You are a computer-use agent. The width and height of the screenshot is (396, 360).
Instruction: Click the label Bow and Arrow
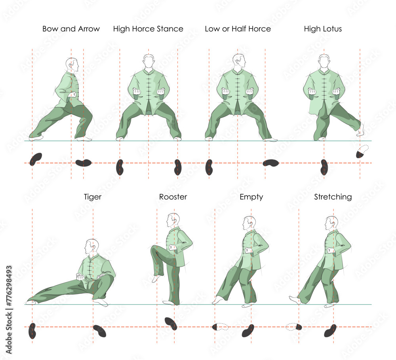click(x=71, y=29)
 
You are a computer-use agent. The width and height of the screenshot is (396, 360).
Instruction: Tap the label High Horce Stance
click(x=148, y=29)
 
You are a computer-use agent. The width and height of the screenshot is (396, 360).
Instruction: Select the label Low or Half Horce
click(x=238, y=29)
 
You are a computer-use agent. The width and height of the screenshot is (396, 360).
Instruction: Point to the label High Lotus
click(x=323, y=29)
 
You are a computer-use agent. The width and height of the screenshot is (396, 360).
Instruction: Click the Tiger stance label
click(x=93, y=197)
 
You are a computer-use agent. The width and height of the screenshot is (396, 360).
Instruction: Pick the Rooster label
click(x=173, y=197)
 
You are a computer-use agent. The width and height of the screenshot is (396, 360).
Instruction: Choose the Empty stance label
click(x=251, y=197)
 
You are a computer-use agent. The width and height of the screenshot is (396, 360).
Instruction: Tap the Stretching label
click(x=333, y=197)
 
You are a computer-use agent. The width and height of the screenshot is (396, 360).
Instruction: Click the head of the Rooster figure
click(x=173, y=220)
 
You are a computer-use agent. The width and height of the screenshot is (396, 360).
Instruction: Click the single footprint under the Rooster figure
click(x=171, y=323)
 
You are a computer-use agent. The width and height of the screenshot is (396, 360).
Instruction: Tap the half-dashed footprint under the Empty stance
click(x=220, y=327)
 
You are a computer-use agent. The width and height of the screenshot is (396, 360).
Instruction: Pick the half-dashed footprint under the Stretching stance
click(x=294, y=327)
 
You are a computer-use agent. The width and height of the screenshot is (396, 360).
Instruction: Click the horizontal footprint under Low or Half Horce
click(x=271, y=163)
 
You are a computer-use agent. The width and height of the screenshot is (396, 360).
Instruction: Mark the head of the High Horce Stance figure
click(x=148, y=62)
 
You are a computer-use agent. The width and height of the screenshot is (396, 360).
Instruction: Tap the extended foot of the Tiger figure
click(x=31, y=302)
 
